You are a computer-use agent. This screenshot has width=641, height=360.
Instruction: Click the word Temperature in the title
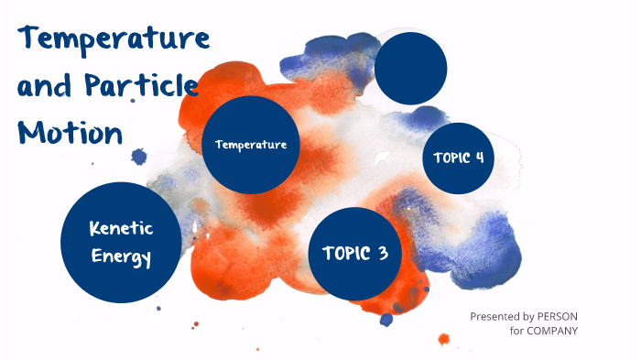pos(114,39)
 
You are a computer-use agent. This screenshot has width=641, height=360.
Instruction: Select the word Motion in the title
pos(71,133)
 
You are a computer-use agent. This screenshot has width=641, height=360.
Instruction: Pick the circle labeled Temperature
pos(251,145)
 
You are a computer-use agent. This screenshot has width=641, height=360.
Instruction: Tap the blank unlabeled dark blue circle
pos(411,68)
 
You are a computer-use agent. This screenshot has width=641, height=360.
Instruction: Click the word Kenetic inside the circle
pos(121,228)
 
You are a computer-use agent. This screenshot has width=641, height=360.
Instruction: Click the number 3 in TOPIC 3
pos(382,254)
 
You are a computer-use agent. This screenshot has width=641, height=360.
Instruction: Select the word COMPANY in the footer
pos(552,331)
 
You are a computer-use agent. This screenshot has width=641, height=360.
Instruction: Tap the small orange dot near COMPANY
pos(443,339)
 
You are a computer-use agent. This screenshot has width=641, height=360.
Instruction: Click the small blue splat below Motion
pos(139,158)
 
